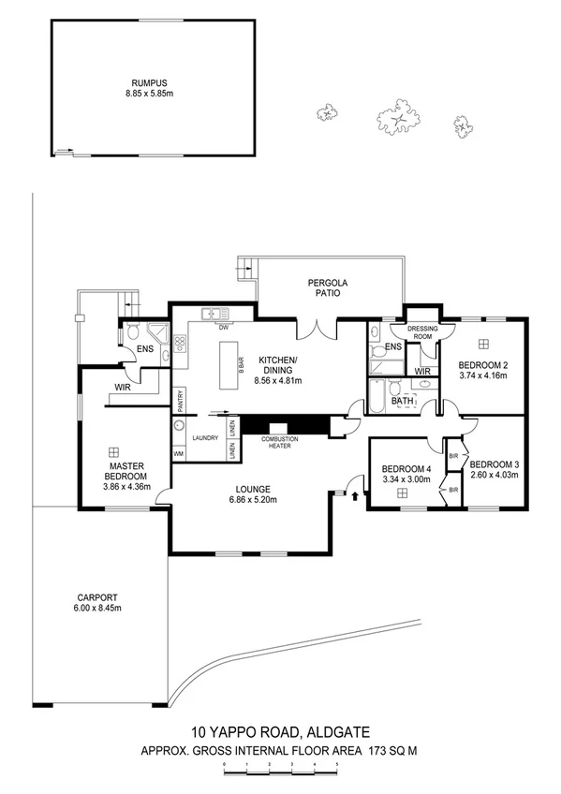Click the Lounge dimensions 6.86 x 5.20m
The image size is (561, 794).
click(253, 500)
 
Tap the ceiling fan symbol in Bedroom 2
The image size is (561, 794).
click(485, 344)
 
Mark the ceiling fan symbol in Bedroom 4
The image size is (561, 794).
click(400, 493)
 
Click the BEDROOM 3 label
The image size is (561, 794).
click(495, 464)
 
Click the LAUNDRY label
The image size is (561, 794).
click(205, 437)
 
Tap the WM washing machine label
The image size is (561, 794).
click(178, 453)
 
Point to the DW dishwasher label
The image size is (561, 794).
click(223, 328)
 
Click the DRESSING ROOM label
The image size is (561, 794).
click(423, 331)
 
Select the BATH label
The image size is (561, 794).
click(402, 401)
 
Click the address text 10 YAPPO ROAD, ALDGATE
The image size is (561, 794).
click(280, 731)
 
